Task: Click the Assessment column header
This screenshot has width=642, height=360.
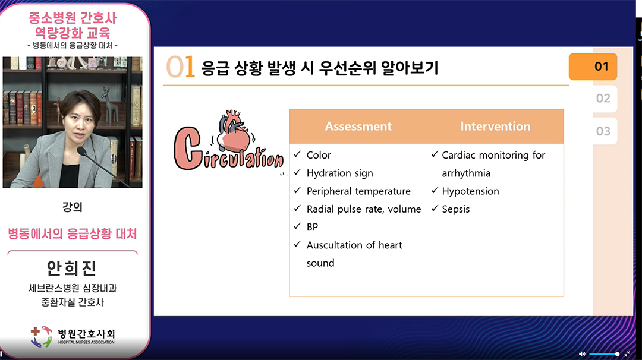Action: (x=358, y=127)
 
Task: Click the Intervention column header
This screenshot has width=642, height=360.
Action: (x=495, y=127)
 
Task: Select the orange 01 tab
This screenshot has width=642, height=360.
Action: (x=593, y=67)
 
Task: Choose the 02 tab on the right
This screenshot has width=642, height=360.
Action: (x=603, y=99)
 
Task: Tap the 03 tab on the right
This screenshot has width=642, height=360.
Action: (x=603, y=131)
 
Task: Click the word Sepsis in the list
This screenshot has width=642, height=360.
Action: (x=456, y=209)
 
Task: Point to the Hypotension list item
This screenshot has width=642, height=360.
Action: (x=470, y=191)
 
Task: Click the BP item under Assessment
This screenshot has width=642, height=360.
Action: (x=313, y=227)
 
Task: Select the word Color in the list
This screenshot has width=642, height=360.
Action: (x=319, y=155)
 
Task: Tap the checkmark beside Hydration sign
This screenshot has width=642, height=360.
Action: (x=298, y=172)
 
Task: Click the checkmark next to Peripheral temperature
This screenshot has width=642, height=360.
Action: (x=298, y=190)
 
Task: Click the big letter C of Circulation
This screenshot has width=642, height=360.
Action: (x=187, y=148)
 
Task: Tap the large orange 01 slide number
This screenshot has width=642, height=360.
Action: (x=180, y=67)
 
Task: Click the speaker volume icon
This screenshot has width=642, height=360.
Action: (x=582, y=354)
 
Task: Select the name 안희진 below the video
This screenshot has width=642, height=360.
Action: (x=72, y=269)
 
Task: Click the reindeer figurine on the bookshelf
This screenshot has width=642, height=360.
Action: (x=109, y=104)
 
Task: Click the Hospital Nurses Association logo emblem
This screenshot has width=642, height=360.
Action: (x=42, y=337)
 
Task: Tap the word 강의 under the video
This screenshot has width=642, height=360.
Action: (x=72, y=207)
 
